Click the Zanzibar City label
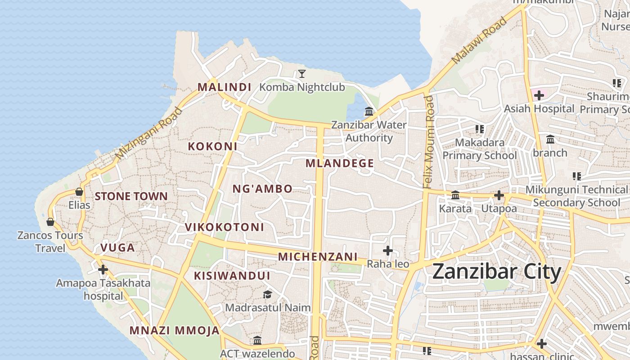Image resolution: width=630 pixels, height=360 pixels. pos(497,272)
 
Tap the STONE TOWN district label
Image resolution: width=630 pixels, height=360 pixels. pos(131,197)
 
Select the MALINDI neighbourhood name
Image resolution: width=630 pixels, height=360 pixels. pos(224,87)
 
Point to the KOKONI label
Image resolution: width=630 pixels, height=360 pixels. pos(212,146)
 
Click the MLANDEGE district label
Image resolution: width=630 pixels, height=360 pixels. pos(340,163)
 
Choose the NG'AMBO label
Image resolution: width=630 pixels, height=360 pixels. pos(262,189)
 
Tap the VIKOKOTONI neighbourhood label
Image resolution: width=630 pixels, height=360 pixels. pos(225,227)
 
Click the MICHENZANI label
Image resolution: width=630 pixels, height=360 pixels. pos(318,257)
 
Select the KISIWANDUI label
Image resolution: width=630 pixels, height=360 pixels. pos(232,276)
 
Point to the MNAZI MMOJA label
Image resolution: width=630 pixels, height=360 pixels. pos(175,331)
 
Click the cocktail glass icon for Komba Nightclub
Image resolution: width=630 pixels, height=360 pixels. pos(301,74)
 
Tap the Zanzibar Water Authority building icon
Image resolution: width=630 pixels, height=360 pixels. pos(369,111)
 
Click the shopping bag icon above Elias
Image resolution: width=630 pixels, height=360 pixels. pos(79,192)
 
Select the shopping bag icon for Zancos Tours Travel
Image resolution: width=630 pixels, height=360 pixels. pos(50,222)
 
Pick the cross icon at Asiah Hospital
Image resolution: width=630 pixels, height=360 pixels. pos(539,95)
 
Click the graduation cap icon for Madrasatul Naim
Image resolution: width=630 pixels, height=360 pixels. pos(268,295)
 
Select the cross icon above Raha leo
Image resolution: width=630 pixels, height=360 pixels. pos(387,251)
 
